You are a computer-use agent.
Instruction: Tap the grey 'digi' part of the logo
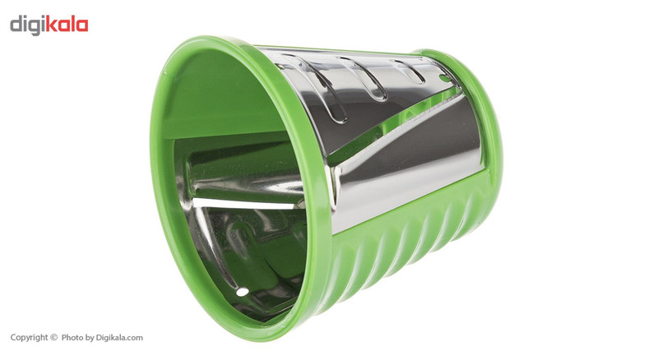click(x=27, y=25)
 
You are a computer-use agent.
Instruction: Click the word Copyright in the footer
click(x=29, y=337)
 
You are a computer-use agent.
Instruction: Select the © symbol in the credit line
click(x=53, y=337)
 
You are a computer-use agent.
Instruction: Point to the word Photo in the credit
click(x=72, y=337)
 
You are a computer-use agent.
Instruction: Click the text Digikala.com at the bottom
click(x=119, y=337)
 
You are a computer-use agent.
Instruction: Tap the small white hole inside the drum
click(x=242, y=292)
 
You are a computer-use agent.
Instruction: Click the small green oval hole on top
click(x=445, y=78)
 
